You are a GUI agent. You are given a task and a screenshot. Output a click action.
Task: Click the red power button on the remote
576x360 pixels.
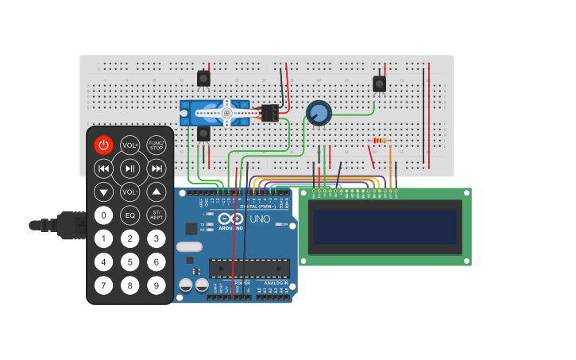coord(103,145)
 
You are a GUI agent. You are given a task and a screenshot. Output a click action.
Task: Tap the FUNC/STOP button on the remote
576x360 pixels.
coord(157,145)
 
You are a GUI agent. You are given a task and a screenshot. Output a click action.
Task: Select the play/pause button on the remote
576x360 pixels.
coord(130,168)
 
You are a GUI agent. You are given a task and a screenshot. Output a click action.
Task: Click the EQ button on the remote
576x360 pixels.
coord(130,215)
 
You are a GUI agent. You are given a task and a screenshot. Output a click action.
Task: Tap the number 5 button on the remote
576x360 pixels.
coord(130,261)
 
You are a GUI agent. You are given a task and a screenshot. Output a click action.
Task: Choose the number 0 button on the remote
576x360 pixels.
coord(103,215)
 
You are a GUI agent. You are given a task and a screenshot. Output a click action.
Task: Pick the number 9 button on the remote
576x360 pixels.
coord(157,285)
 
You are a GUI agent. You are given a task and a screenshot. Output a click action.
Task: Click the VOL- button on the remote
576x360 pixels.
coord(130,192)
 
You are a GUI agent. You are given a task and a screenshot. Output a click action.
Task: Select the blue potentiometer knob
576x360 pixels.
coord(319,113)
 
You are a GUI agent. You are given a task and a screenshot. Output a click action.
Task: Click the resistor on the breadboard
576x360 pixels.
coord(379,141)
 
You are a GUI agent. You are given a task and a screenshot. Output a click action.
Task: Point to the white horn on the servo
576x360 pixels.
coord(226,114)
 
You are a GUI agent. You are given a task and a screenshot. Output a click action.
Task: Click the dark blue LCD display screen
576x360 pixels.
coord(385,226)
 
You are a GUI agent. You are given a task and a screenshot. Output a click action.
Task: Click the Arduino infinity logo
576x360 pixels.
coord(233,219)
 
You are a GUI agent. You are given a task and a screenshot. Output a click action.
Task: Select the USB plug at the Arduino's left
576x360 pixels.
coord(68,225)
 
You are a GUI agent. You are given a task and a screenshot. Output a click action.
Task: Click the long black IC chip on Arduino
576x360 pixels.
coord(249,269)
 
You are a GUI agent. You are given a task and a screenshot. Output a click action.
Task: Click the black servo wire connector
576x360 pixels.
coord(269,114)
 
